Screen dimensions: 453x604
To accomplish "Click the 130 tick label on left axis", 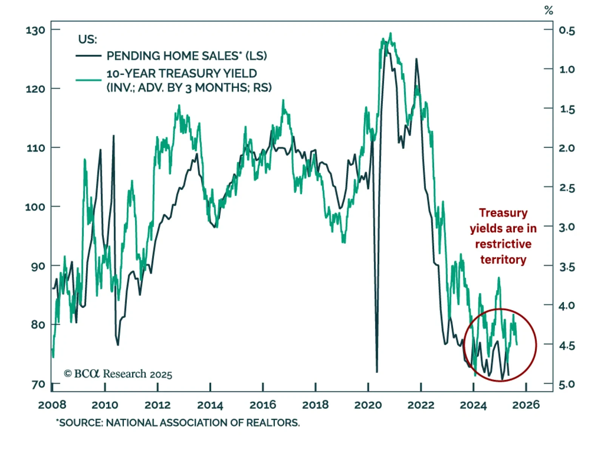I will [35, 30].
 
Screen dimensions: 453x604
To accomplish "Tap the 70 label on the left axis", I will [38, 384].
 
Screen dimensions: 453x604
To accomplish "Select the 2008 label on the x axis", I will [52, 405].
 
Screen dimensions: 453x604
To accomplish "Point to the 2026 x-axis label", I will [526, 405].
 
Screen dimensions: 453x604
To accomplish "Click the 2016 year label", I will [263, 405].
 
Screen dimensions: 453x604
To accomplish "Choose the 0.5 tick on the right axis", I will [567, 31].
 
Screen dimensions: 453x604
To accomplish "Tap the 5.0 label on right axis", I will [567, 384].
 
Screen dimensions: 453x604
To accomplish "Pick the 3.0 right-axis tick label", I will [567, 227].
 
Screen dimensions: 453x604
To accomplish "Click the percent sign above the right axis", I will [549, 11].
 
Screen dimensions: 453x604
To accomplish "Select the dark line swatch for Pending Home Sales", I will [88, 56].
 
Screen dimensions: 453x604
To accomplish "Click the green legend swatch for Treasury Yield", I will [88, 80].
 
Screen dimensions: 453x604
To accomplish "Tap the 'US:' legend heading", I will [88, 39].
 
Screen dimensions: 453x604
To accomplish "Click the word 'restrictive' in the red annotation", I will [503, 244].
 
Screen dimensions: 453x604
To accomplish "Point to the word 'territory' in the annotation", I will [503, 260].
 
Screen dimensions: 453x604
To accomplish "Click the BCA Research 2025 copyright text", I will [118, 374].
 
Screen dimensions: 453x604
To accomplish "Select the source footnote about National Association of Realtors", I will [178, 423].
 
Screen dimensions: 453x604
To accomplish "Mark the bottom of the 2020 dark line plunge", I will [377, 371].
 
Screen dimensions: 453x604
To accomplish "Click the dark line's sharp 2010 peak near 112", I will [114, 136].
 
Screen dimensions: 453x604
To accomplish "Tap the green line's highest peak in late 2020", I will [391, 34].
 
